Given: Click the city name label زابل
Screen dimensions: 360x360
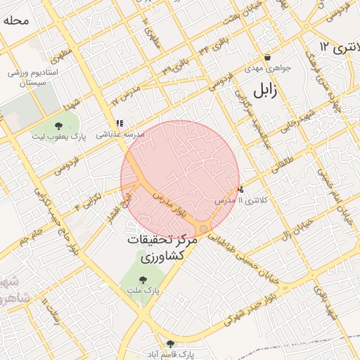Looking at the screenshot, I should [x=262, y=90].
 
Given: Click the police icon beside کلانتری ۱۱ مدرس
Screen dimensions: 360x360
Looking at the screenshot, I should [x=240, y=188].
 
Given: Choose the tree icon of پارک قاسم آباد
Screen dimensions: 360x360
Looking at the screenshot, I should [x=169, y=344].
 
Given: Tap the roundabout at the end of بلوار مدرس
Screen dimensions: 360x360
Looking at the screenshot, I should [x=203, y=229].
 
